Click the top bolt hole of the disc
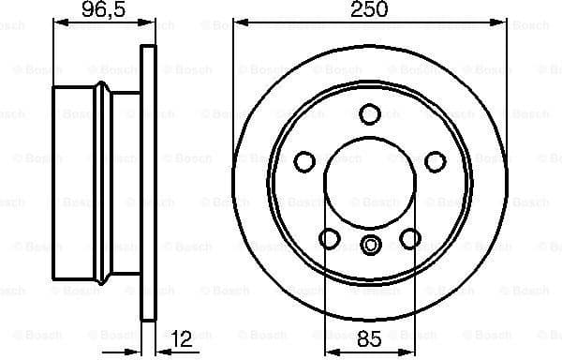click(371, 113)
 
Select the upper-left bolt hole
click(305, 160)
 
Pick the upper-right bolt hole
click(436, 160)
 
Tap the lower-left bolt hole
click(331, 239)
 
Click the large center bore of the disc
click(369, 185)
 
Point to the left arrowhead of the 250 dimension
click(238, 22)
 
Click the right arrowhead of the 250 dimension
click(504, 22)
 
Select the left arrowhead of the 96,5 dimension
click(56, 22)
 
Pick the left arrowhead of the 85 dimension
click(329, 348)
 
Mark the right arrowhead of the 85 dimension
click(411, 348)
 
